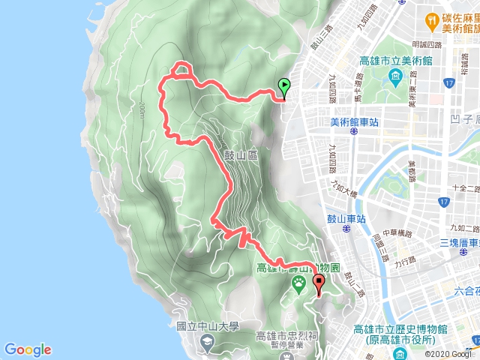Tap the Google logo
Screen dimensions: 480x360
point(28,349)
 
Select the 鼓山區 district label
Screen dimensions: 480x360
point(241,154)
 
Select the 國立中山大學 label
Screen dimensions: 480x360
point(207,326)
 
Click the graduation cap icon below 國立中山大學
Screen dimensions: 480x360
point(206,341)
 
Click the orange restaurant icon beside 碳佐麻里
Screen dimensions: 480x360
point(432,19)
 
